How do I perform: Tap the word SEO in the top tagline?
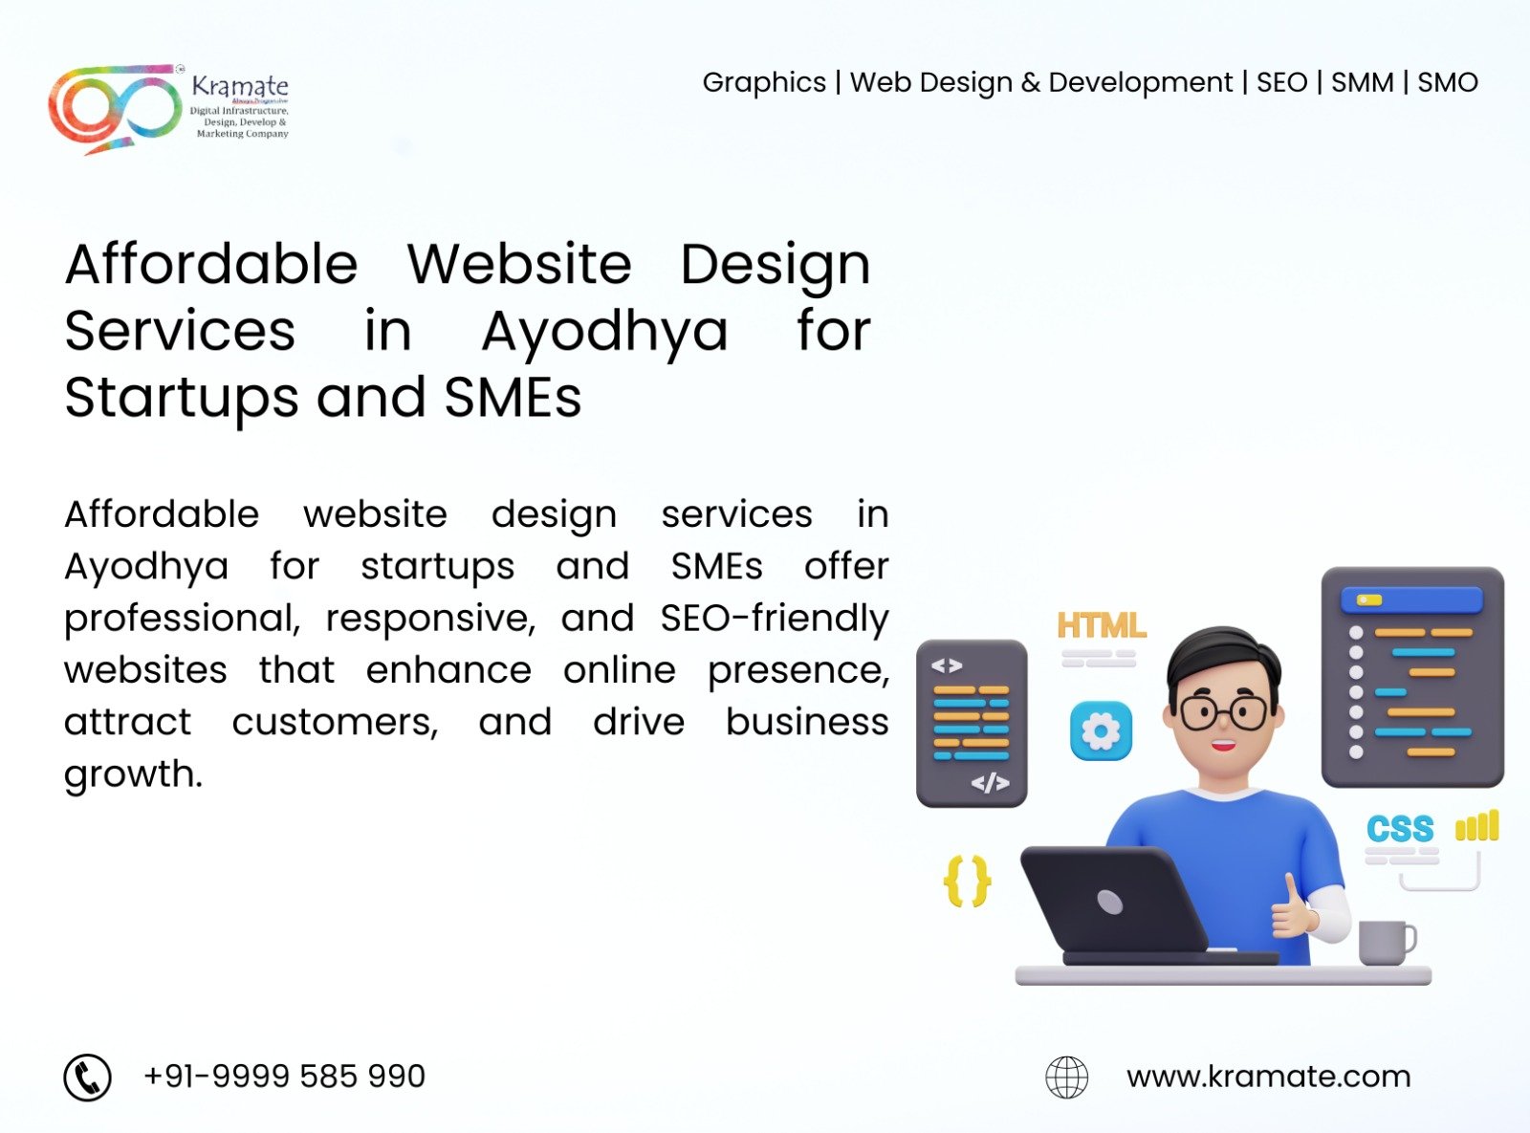pyautogui.click(x=1281, y=83)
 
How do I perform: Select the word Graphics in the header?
pyautogui.click(x=764, y=83)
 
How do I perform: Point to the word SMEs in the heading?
pyautogui.click(x=513, y=398)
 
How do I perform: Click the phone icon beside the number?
pyautogui.click(x=88, y=1078)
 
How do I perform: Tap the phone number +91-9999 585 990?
pyautogui.click(x=284, y=1077)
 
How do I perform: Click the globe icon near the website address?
pyautogui.click(x=1066, y=1078)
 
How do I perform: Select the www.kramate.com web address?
pyautogui.click(x=1268, y=1078)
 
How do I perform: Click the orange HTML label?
pyautogui.click(x=1101, y=625)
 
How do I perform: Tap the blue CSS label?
pyautogui.click(x=1400, y=828)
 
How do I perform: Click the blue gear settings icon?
pyautogui.click(x=1101, y=730)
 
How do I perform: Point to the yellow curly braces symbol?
pyautogui.click(x=967, y=881)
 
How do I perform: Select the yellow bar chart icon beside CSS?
pyautogui.click(x=1476, y=825)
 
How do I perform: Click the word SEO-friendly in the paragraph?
pyautogui.click(x=774, y=619)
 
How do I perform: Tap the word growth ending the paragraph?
pyautogui.click(x=133, y=774)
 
